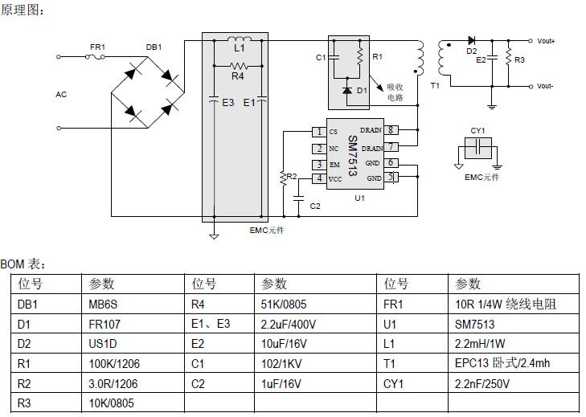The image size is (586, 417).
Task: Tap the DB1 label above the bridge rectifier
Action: pos(154,47)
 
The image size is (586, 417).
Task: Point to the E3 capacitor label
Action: pos(227,103)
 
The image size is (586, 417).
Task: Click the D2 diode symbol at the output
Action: pos(471,39)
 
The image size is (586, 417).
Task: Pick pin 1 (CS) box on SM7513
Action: pos(319,132)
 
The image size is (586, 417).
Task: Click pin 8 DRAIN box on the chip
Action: pos(391,130)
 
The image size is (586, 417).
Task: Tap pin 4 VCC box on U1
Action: pos(319,178)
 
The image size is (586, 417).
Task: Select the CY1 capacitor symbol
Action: pos(478,147)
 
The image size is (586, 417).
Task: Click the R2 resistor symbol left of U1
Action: pos(282,177)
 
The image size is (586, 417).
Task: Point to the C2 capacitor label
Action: pos(315,206)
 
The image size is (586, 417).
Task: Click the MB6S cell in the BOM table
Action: pos(102,305)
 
